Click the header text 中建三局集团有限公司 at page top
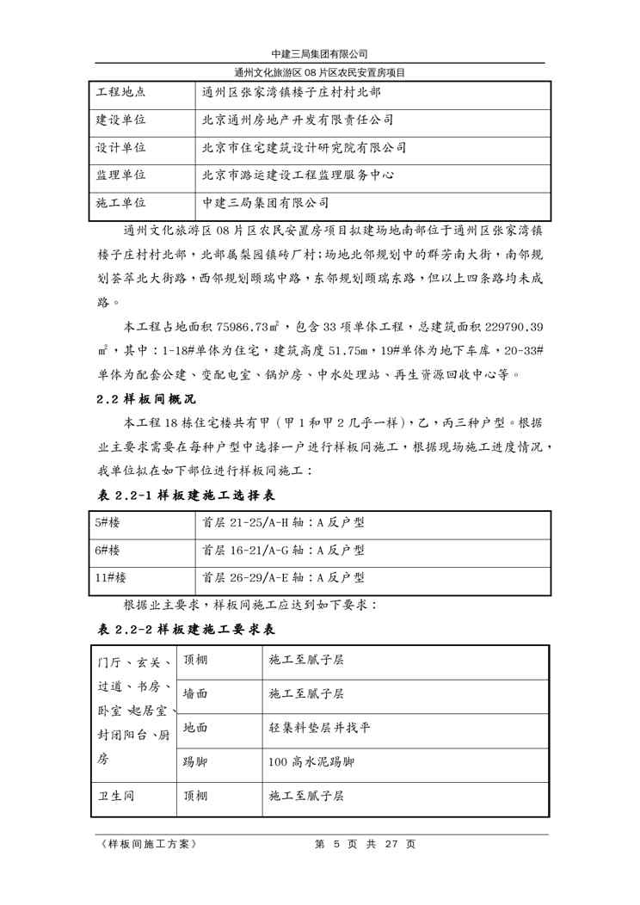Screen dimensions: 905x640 319,54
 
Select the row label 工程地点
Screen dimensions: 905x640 120,92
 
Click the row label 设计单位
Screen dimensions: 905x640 120,148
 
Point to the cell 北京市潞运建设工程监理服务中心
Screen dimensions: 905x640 298,175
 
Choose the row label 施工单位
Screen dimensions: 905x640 120,203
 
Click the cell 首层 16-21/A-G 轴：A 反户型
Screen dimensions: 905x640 284,550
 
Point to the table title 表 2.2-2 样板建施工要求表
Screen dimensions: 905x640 184,631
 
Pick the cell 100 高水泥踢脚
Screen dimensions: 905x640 311,762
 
